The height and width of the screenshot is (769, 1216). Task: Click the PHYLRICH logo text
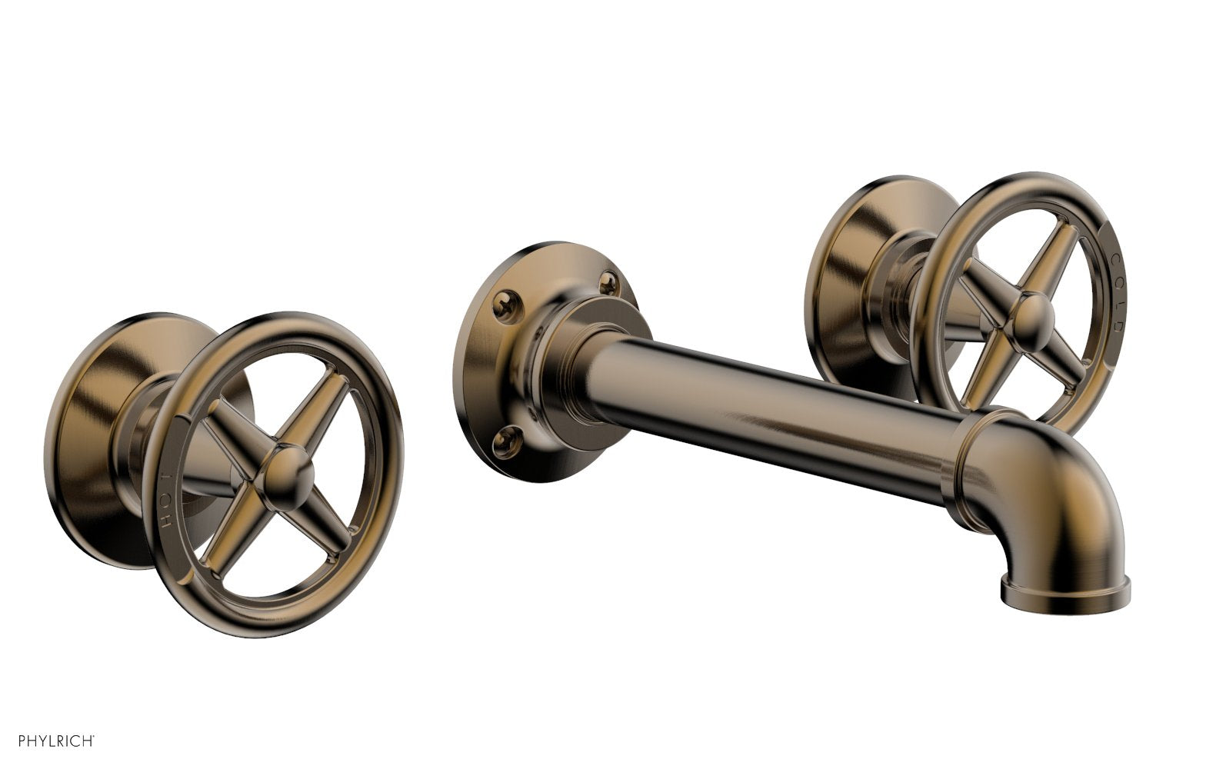[48, 742]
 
